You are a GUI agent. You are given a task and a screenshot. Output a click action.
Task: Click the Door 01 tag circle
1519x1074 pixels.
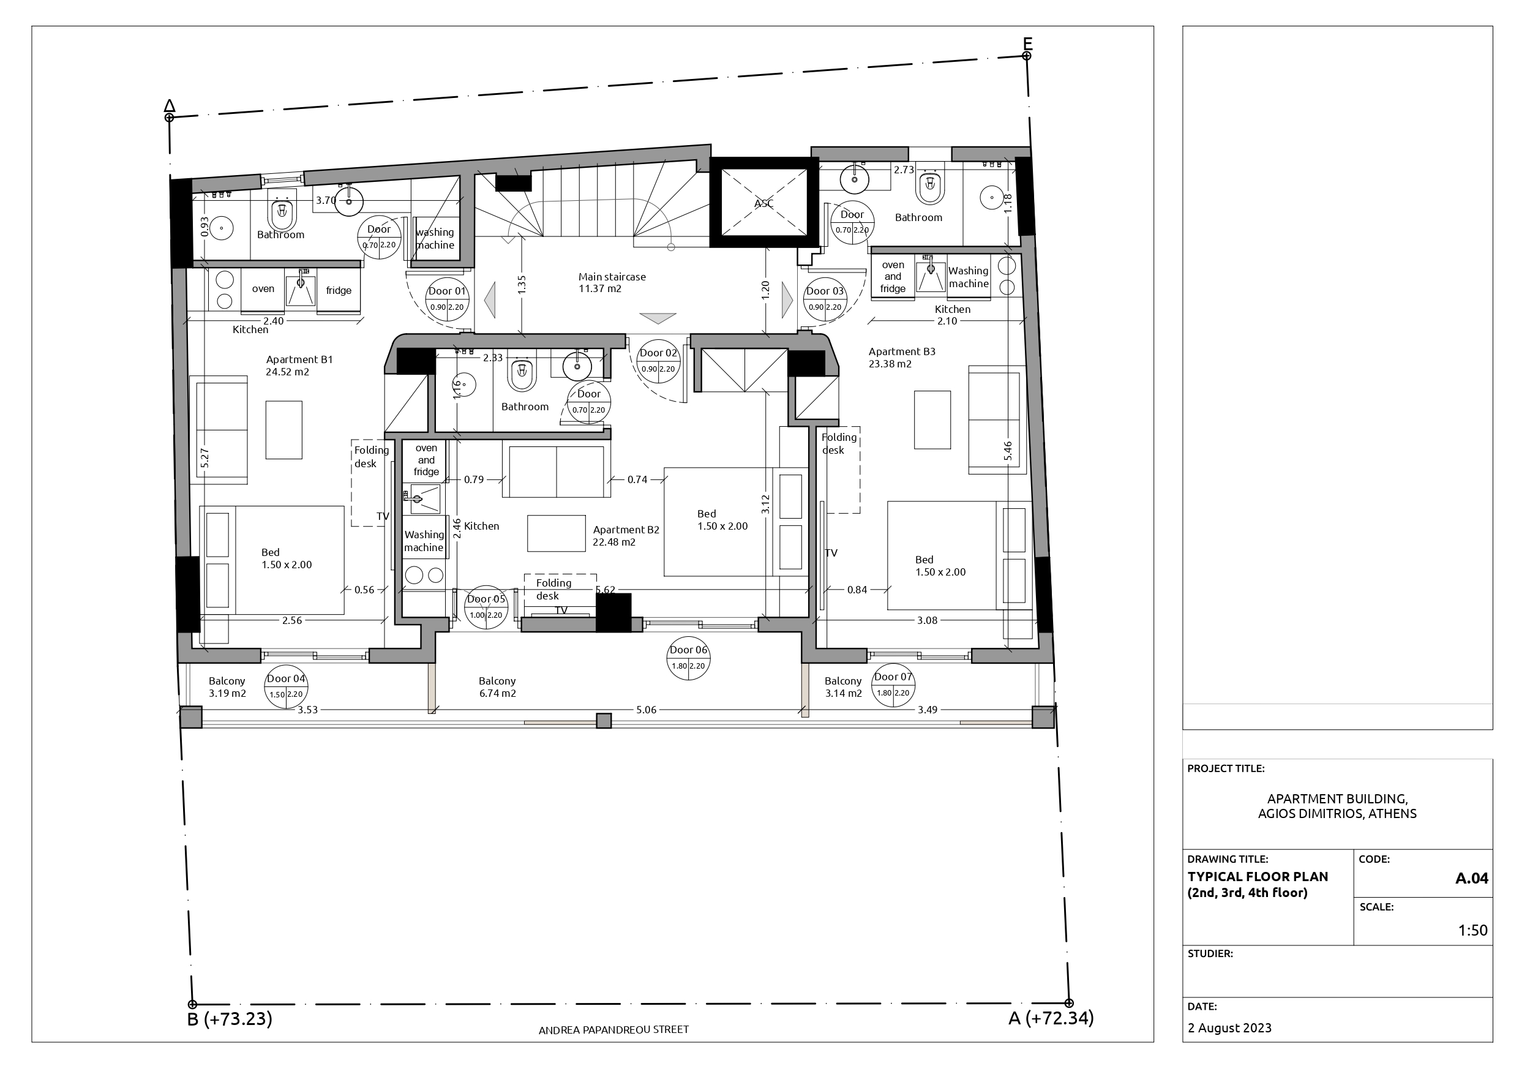pyautogui.click(x=448, y=299)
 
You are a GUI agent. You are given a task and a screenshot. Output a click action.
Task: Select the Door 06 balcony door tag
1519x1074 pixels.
pyautogui.click(x=689, y=658)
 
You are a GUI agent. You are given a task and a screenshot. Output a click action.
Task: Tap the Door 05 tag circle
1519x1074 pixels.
pyautogui.click(x=486, y=607)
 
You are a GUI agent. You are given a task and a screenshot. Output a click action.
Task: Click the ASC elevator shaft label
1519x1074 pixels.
pyautogui.click(x=763, y=204)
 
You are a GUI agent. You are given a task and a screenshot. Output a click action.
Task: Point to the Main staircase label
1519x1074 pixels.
pyautogui.click(x=612, y=277)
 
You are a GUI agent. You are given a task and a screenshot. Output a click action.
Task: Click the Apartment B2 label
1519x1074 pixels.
pyautogui.click(x=626, y=530)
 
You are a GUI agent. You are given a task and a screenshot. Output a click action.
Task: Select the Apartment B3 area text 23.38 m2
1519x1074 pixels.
pyautogui.click(x=890, y=364)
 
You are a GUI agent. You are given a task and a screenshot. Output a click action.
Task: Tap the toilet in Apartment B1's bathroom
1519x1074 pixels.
pyautogui.click(x=283, y=212)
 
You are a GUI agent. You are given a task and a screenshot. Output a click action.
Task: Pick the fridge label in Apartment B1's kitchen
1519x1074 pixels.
pyautogui.click(x=339, y=290)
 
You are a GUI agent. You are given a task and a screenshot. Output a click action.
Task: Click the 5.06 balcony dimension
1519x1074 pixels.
pyautogui.click(x=647, y=710)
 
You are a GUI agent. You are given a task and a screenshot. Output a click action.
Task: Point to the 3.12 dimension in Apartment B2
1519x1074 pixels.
pyautogui.click(x=765, y=505)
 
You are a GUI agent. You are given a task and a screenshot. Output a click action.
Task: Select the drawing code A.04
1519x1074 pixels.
pyautogui.click(x=1472, y=878)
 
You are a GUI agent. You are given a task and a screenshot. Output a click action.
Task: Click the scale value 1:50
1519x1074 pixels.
pyautogui.click(x=1473, y=930)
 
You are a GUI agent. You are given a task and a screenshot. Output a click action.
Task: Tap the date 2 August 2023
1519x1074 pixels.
pyautogui.click(x=1229, y=1027)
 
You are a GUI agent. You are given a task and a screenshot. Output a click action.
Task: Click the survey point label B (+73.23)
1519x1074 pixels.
pyautogui.click(x=230, y=1019)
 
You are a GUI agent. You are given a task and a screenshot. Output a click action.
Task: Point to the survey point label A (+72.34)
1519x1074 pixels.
pyautogui.click(x=1051, y=1018)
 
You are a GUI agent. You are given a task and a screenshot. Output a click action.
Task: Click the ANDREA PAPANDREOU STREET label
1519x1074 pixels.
pyautogui.click(x=614, y=1030)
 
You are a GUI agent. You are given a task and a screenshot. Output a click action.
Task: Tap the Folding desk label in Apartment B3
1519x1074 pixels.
pyautogui.click(x=839, y=443)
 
